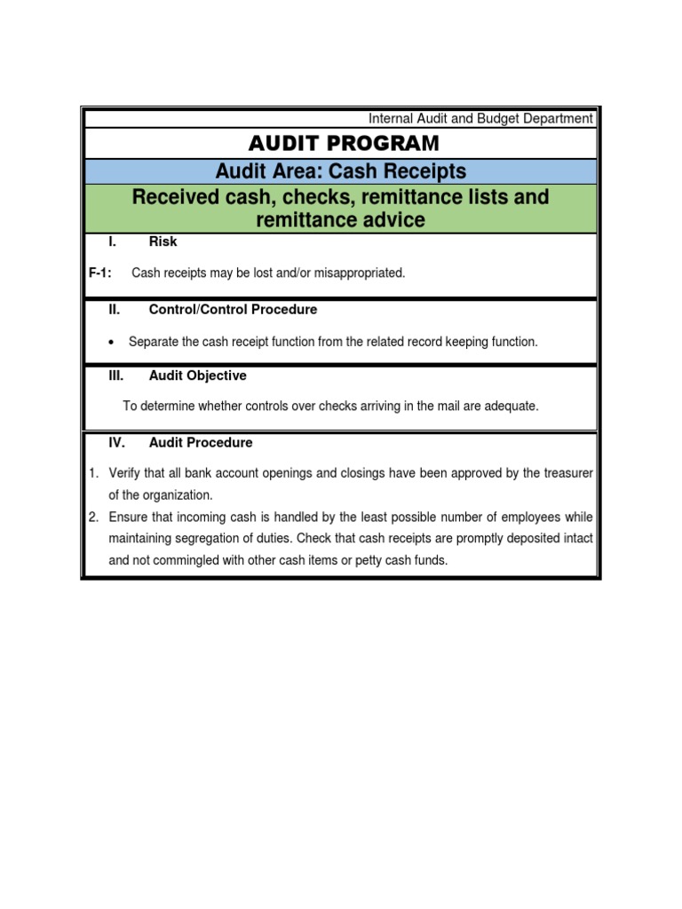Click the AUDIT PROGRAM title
point(344,143)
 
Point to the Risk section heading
point(163,242)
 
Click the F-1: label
point(99,273)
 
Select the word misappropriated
point(359,273)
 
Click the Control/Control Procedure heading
point(233,310)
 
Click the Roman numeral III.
point(115,375)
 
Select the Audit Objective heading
point(198,375)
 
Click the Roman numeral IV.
point(116,442)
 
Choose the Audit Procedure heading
point(201,442)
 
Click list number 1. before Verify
point(93,473)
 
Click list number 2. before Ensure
point(93,517)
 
